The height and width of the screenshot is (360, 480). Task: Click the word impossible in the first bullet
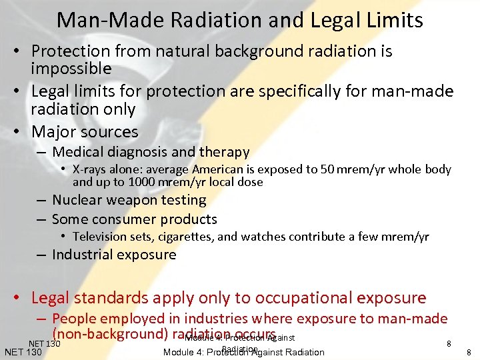(71, 69)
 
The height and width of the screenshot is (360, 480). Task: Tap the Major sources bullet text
(85, 131)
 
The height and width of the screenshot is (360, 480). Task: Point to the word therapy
(225, 153)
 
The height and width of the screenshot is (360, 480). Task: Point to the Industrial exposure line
(114, 255)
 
